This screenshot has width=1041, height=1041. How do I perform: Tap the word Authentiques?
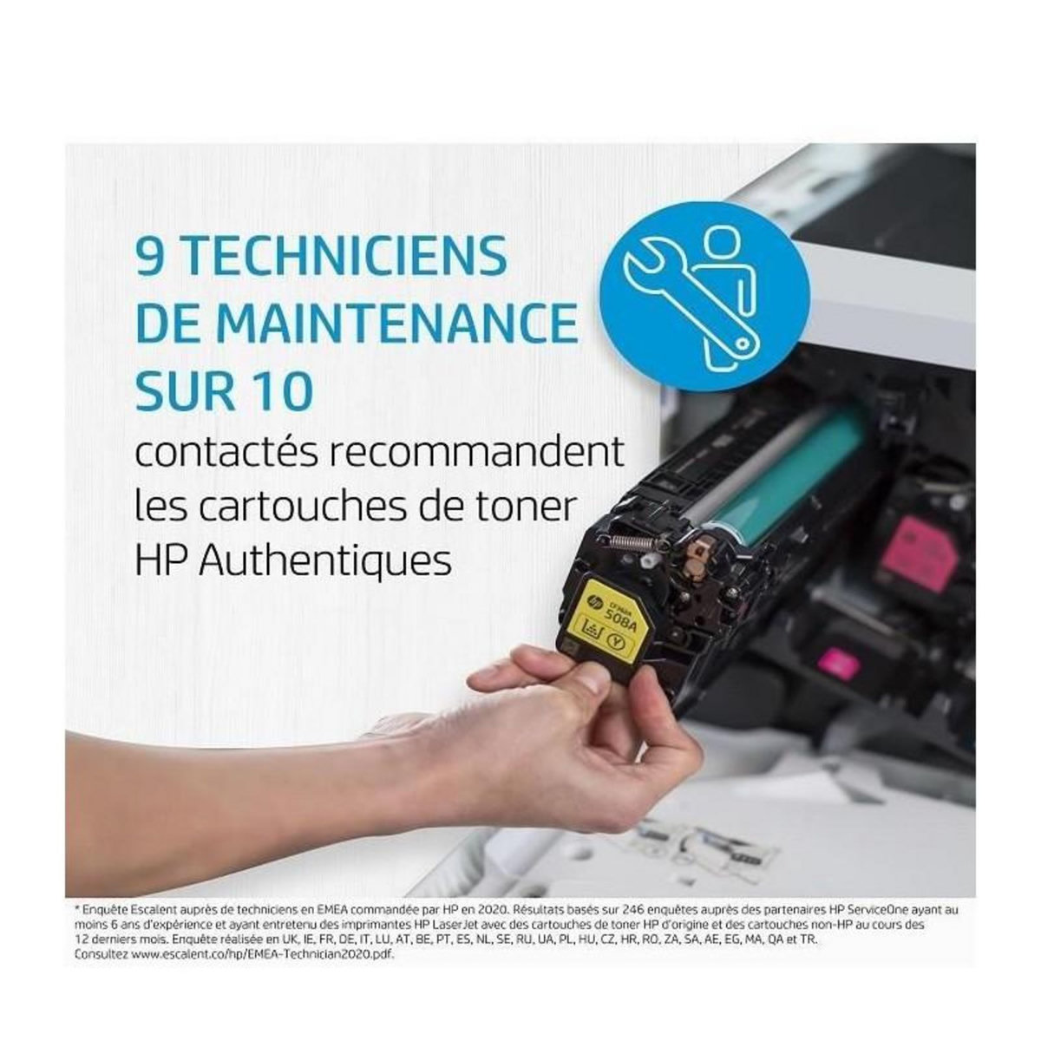tap(325, 561)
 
